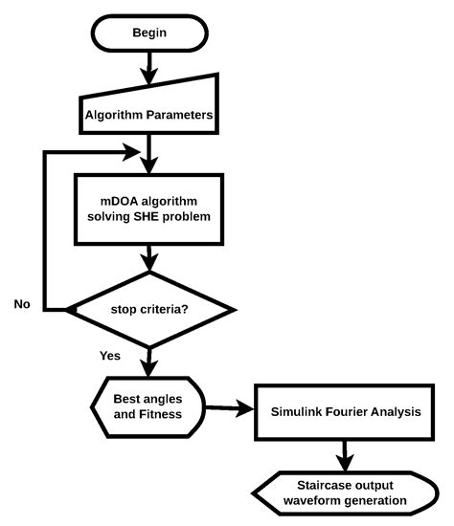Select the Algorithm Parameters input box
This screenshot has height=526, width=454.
coord(149,113)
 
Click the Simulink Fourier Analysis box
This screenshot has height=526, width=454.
coord(344,411)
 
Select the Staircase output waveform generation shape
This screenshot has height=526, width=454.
coord(344,493)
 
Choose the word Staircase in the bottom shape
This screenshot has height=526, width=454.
coord(306,484)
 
